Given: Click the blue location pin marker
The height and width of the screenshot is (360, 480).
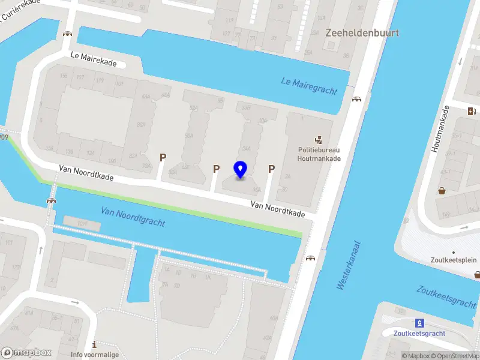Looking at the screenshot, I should point(241,169).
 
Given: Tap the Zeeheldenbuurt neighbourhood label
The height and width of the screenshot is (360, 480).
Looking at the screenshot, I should point(362,33).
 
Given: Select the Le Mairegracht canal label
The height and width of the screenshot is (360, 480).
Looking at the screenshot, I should point(309,86).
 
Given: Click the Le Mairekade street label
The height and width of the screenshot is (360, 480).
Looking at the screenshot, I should point(98,59).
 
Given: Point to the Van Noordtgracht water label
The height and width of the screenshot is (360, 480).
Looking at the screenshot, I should point(133,217).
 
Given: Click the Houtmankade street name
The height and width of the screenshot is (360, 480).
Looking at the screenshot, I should point(440,128).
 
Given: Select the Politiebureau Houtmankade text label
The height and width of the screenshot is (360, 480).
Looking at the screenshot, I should point(319,154).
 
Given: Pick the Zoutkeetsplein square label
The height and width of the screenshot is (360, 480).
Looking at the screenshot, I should point(454,260).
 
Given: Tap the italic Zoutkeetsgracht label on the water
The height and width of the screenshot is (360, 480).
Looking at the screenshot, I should point(446,297).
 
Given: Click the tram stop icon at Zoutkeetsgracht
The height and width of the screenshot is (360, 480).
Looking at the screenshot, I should point(420,322).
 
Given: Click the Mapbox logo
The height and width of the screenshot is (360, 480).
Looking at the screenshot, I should point(26,352).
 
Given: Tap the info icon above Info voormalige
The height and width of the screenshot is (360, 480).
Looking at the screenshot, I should point(94,344).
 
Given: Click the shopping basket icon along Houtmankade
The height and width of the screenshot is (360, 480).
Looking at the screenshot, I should point(442,191).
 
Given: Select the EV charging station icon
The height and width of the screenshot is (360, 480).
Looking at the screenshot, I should point(472,110).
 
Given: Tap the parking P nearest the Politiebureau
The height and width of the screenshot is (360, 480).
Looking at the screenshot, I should point(271,169).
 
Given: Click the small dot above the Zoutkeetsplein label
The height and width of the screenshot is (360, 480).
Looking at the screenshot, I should point(454,252).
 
